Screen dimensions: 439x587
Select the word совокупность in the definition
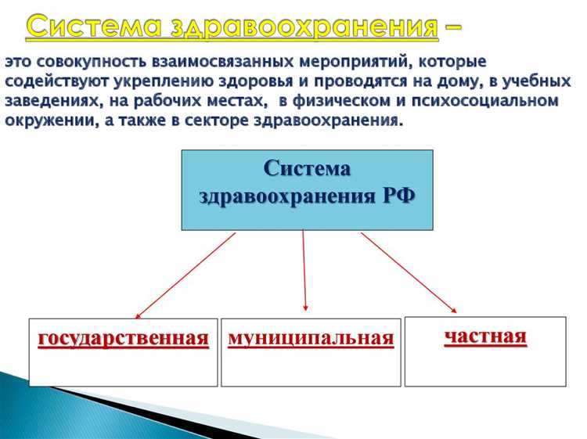[x=92, y=61]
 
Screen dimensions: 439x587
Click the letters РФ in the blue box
[x=397, y=196]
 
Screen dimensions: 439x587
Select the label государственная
[x=124, y=338]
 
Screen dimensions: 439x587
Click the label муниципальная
[x=310, y=338]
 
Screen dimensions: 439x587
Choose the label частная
[x=485, y=336]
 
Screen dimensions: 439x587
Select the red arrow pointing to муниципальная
[x=304, y=274]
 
